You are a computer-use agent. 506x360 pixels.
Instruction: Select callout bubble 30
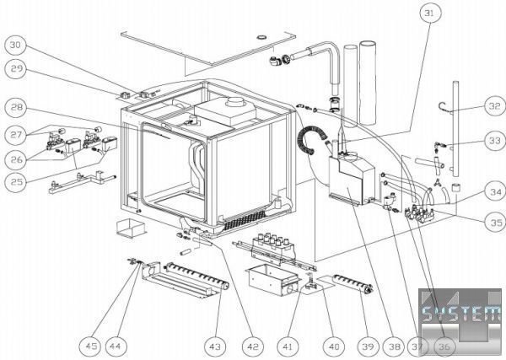(17, 44)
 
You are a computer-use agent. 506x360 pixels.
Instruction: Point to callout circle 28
(17, 109)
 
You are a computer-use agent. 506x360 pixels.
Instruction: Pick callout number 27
(16, 134)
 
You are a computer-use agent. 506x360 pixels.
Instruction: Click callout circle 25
(16, 181)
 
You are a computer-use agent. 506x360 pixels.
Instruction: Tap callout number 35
(492, 223)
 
